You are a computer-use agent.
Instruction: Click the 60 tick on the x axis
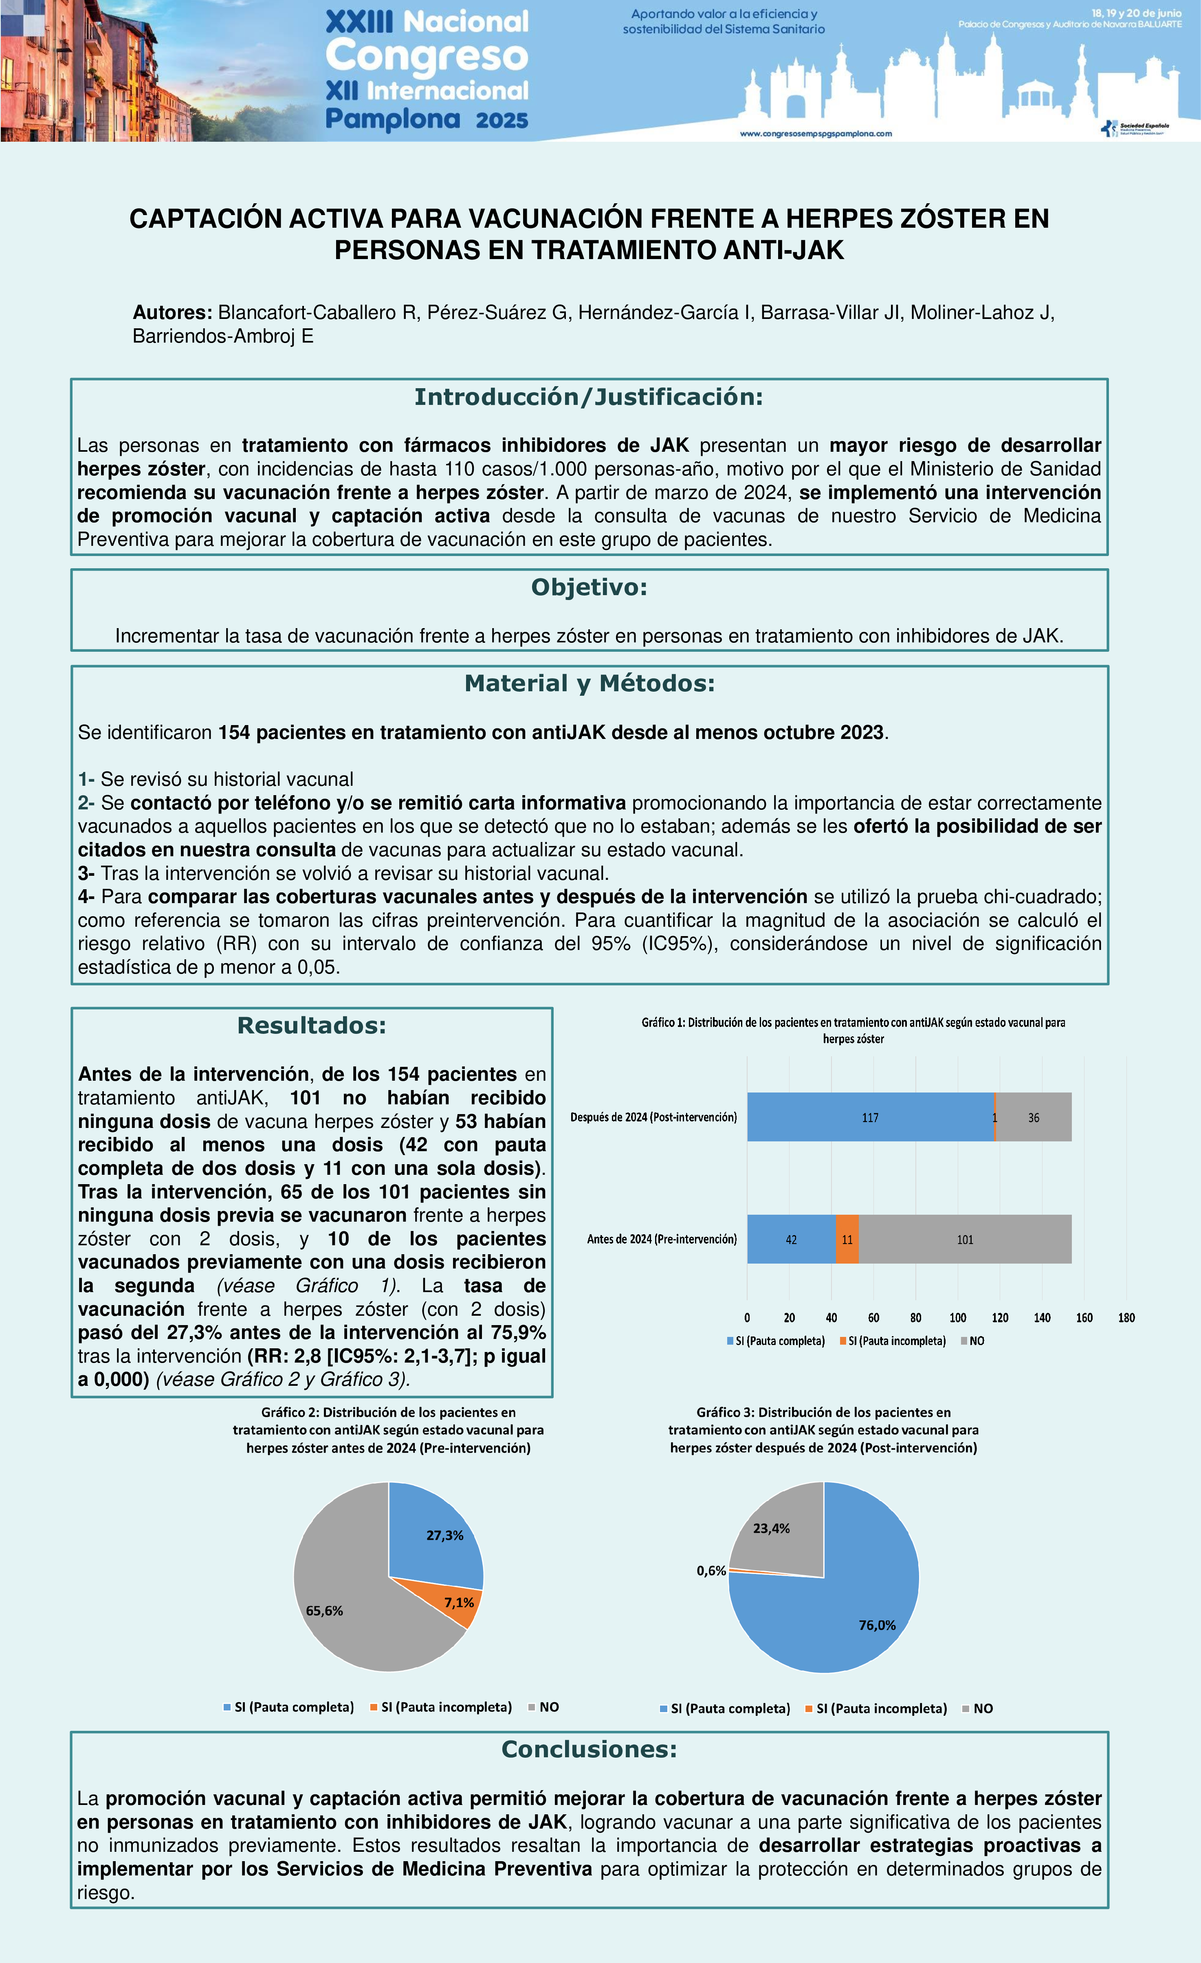tap(873, 1318)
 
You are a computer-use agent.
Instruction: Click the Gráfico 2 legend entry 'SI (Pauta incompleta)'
tap(446, 1707)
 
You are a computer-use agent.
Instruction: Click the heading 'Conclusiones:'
tap(589, 1750)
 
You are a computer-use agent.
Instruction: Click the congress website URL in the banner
tap(815, 134)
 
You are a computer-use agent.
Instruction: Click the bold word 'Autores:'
tap(172, 312)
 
